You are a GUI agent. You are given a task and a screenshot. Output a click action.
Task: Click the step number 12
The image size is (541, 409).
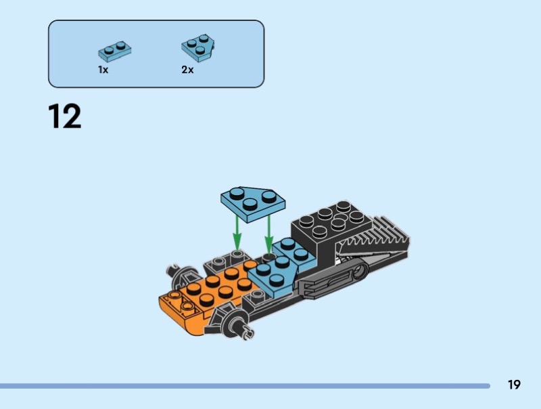[65, 116]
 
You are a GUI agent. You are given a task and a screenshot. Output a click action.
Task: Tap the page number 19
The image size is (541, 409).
[514, 385]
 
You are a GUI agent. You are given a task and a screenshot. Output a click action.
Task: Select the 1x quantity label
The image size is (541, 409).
[103, 70]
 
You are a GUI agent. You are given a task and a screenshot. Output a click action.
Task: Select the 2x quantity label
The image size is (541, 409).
[187, 70]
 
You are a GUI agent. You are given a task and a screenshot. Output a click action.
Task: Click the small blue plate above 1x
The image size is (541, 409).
[114, 49]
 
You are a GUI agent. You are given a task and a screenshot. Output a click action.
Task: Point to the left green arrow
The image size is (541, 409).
[237, 234]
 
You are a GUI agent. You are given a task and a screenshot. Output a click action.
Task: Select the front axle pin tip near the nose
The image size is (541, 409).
[248, 332]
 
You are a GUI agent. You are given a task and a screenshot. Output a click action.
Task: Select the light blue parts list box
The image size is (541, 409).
[156, 53]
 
